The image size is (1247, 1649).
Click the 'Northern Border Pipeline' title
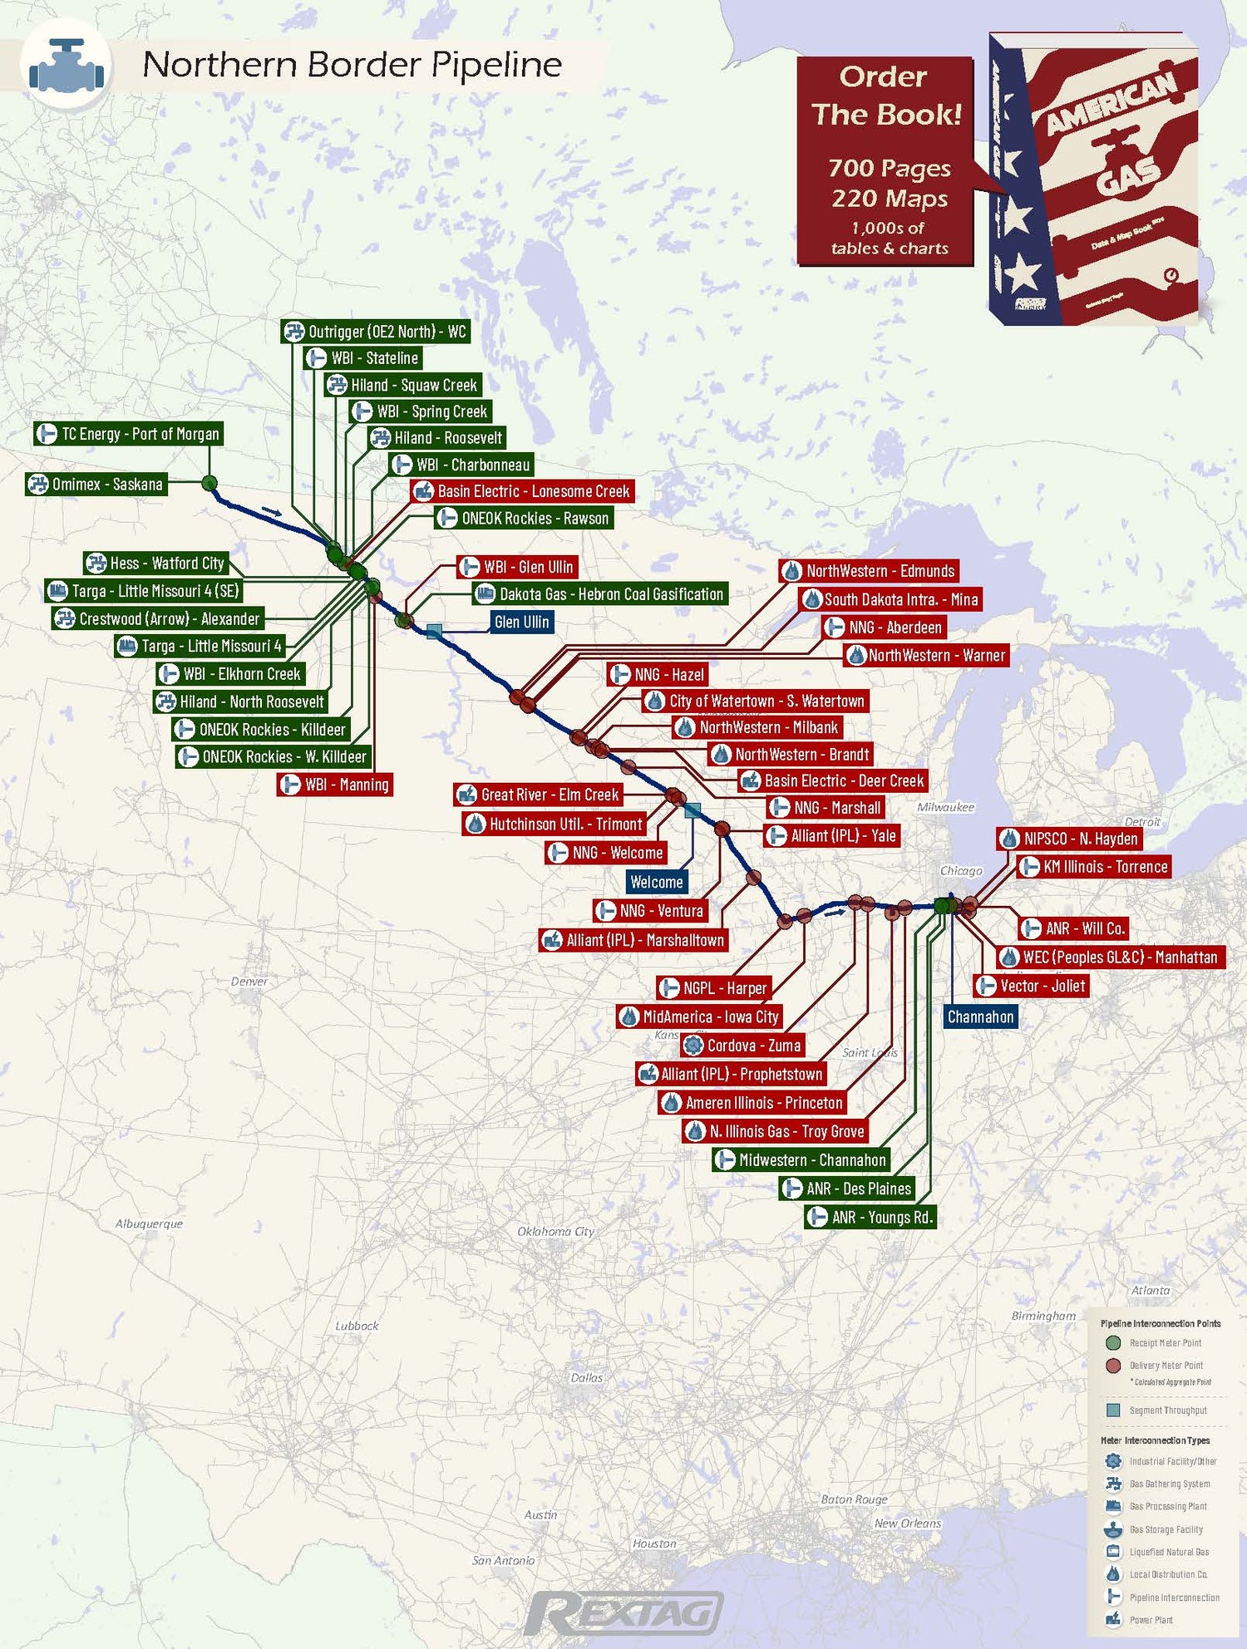pyautogui.click(x=352, y=65)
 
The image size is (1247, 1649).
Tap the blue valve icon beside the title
pyautogui.click(x=67, y=66)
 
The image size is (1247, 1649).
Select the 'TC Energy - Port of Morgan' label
pyautogui.click(x=128, y=434)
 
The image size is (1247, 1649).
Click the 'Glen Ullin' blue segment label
pyautogui.click(x=521, y=622)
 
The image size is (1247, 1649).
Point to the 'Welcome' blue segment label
pyautogui.click(x=656, y=882)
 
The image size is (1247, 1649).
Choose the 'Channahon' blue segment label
pyautogui.click(x=980, y=1016)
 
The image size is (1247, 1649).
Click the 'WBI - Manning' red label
pyautogui.click(x=335, y=785)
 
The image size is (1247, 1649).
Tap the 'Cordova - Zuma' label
pyautogui.click(x=743, y=1046)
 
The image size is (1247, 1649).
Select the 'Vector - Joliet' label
pyautogui.click(x=1031, y=986)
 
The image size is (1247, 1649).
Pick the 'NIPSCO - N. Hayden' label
pyautogui.click(x=1069, y=839)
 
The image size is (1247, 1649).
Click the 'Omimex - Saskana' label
pyautogui.click(x=96, y=484)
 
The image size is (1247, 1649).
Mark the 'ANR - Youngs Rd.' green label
pyautogui.click(x=870, y=1218)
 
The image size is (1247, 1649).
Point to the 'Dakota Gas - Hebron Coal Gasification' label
pyautogui.click(x=600, y=594)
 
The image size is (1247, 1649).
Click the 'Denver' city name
pyautogui.click(x=249, y=982)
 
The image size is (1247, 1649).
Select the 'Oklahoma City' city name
pyautogui.click(x=555, y=1231)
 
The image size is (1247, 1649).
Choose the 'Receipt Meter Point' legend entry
pyautogui.click(x=1164, y=1343)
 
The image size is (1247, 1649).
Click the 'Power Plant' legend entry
pyautogui.click(x=1151, y=1620)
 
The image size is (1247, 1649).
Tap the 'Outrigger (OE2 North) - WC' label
pyautogui.click(x=376, y=332)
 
